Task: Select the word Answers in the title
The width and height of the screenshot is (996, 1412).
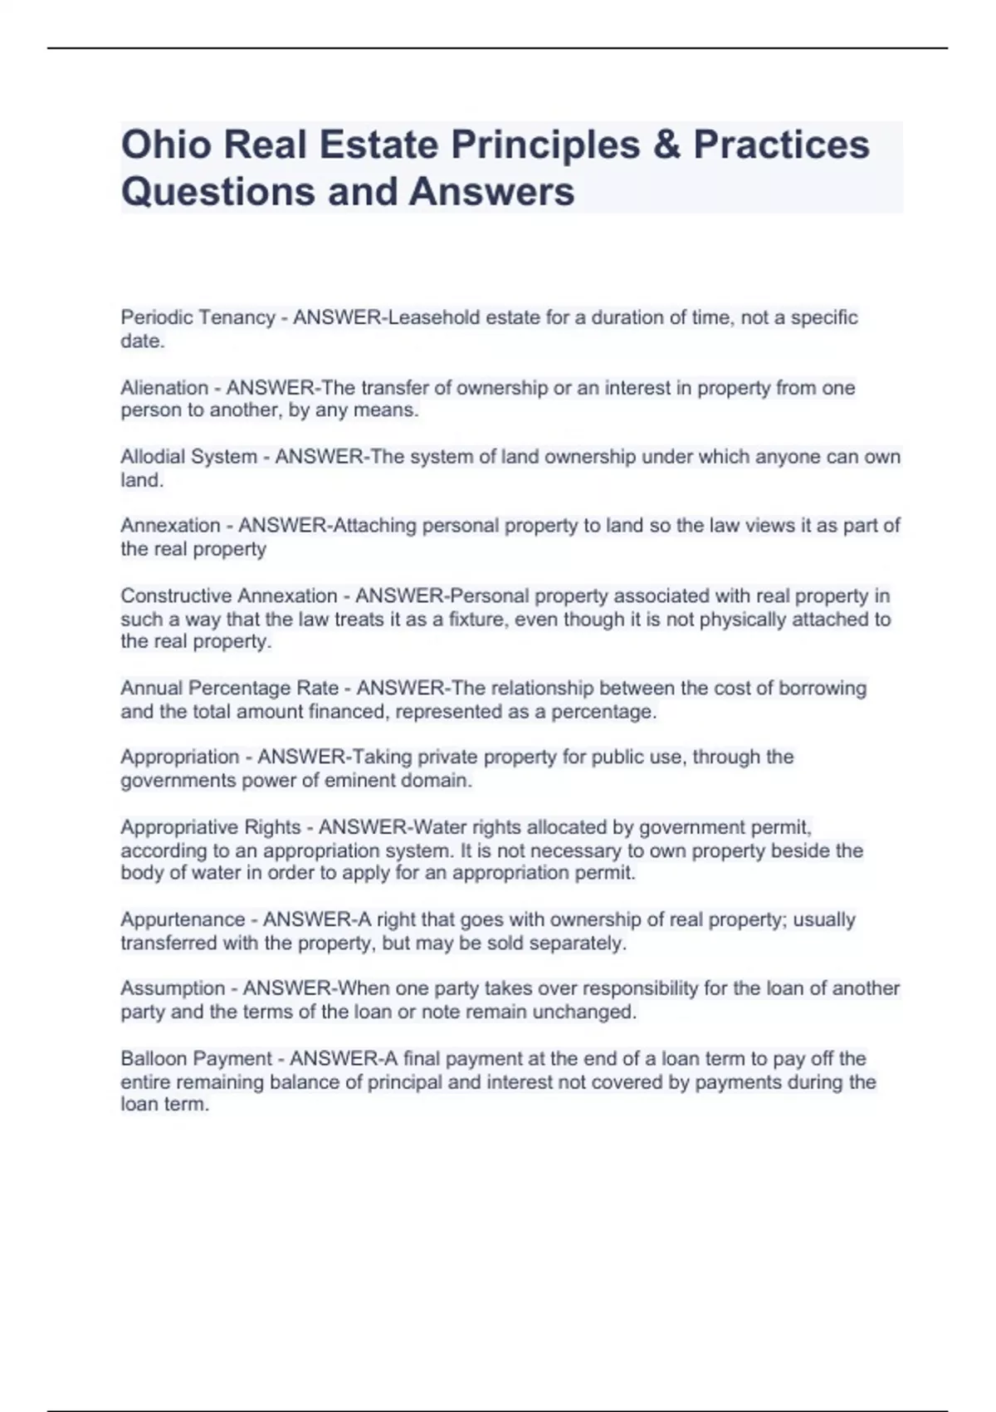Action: tap(491, 191)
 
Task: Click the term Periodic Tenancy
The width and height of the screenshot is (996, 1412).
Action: tap(198, 317)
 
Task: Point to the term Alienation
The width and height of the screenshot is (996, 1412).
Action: tap(164, 388)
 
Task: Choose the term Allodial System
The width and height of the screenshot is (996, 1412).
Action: tap(188, 457)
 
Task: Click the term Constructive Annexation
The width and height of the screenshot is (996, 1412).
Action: tap(228, 596)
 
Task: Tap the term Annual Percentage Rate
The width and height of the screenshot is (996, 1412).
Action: tap(229, 688)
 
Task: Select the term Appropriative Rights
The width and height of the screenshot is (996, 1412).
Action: tap(210, 827)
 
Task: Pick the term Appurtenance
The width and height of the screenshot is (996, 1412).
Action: tap(183, 919)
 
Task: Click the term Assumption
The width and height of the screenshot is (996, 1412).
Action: tap(173, 988)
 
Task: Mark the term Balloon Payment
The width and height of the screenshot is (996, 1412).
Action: tap(196, 1059)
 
